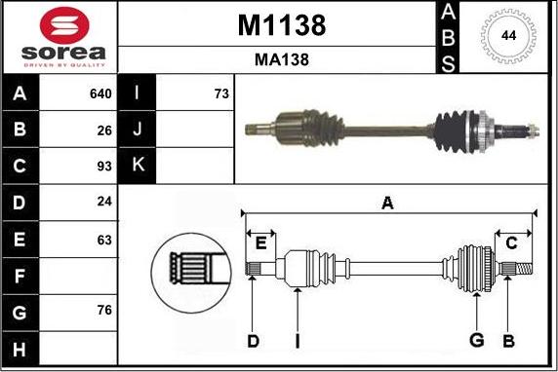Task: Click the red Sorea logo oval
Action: [x=64, y=26]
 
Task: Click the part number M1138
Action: [x=282, y=25]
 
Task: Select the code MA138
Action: [x=282, y=59]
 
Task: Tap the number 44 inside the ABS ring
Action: [x=508, y=36]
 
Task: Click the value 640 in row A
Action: [x=100, y=94]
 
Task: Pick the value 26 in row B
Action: [x=104, y=130]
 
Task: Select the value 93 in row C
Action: [x=104, y=167]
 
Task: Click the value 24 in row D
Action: [x=104, y=202]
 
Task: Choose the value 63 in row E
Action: [x=104, y=241]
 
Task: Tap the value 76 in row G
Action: [x=104, y=311]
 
